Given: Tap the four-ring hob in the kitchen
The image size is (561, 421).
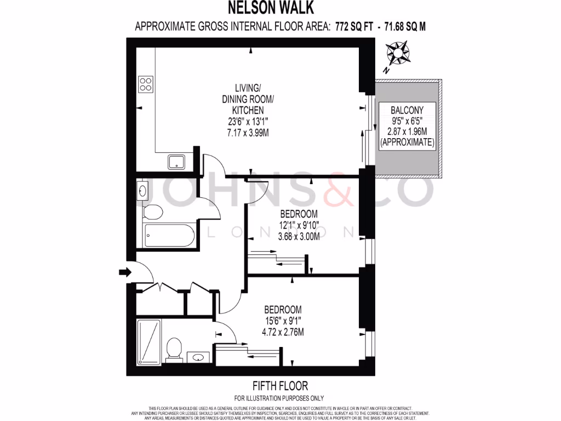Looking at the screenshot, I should pyautogui.click(x=146, y=84).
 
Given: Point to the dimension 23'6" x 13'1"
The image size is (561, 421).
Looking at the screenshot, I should pyautogui.click(x=245, y=122).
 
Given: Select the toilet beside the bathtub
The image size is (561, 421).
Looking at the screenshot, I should pyautogui.click(x=153, y=212).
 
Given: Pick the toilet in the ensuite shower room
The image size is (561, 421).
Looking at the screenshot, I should pyautogui.click(x=174, y=349).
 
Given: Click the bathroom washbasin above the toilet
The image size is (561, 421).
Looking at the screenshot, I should pyautogui.click(x=142, y=191).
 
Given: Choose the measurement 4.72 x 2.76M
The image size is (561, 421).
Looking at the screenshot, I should pyautogui.click(x=283, y=332).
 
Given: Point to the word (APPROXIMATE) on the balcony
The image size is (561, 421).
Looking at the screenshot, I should pyautogui.click(x=408, y=143).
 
